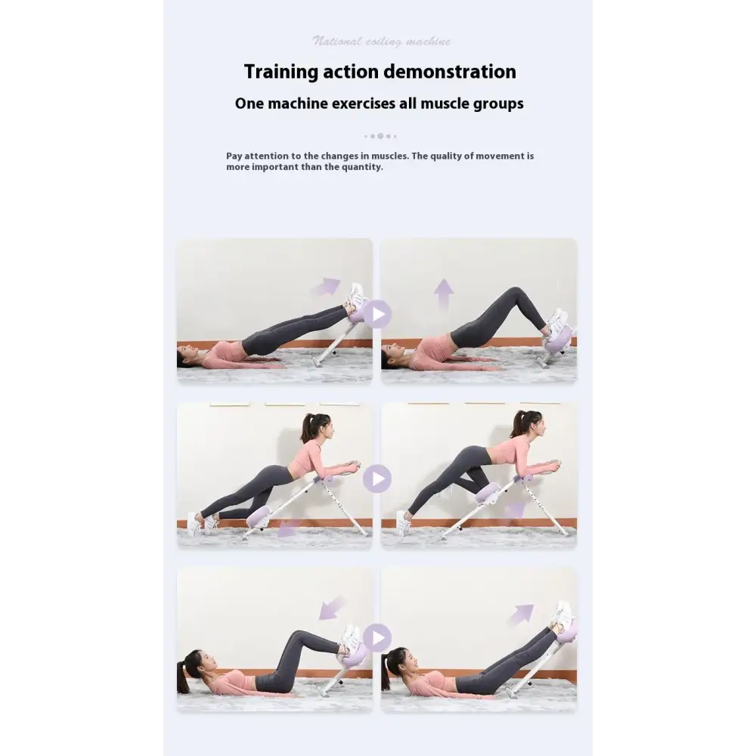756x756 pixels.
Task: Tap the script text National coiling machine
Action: pos(381,42)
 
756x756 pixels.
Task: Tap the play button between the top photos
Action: pos(376,314)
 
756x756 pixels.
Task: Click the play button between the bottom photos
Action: pos(376,637)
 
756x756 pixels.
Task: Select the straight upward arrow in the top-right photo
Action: pos(444,293)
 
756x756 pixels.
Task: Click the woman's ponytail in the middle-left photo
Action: pos(307,428)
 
